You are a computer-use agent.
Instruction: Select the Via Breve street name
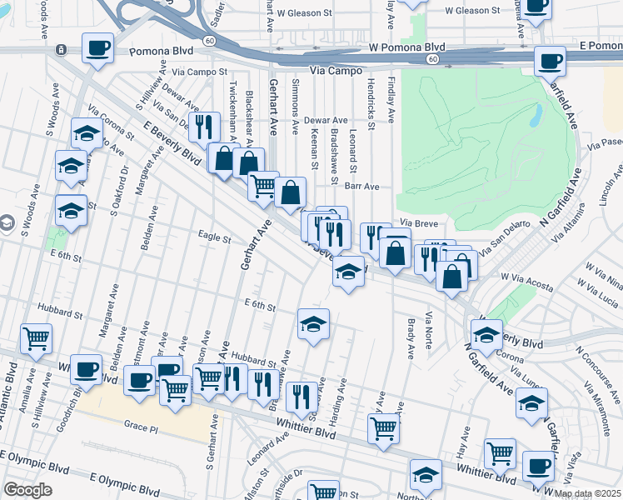point(418,223)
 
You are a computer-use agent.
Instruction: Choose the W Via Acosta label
point(526,286)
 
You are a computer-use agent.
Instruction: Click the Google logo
point(27,489)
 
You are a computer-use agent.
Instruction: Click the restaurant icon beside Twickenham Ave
point(202,127)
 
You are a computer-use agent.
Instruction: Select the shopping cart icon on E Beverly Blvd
point(262,185)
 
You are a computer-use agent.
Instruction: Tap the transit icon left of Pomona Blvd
point(61,50)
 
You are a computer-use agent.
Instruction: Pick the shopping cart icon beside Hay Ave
point(499,453)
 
